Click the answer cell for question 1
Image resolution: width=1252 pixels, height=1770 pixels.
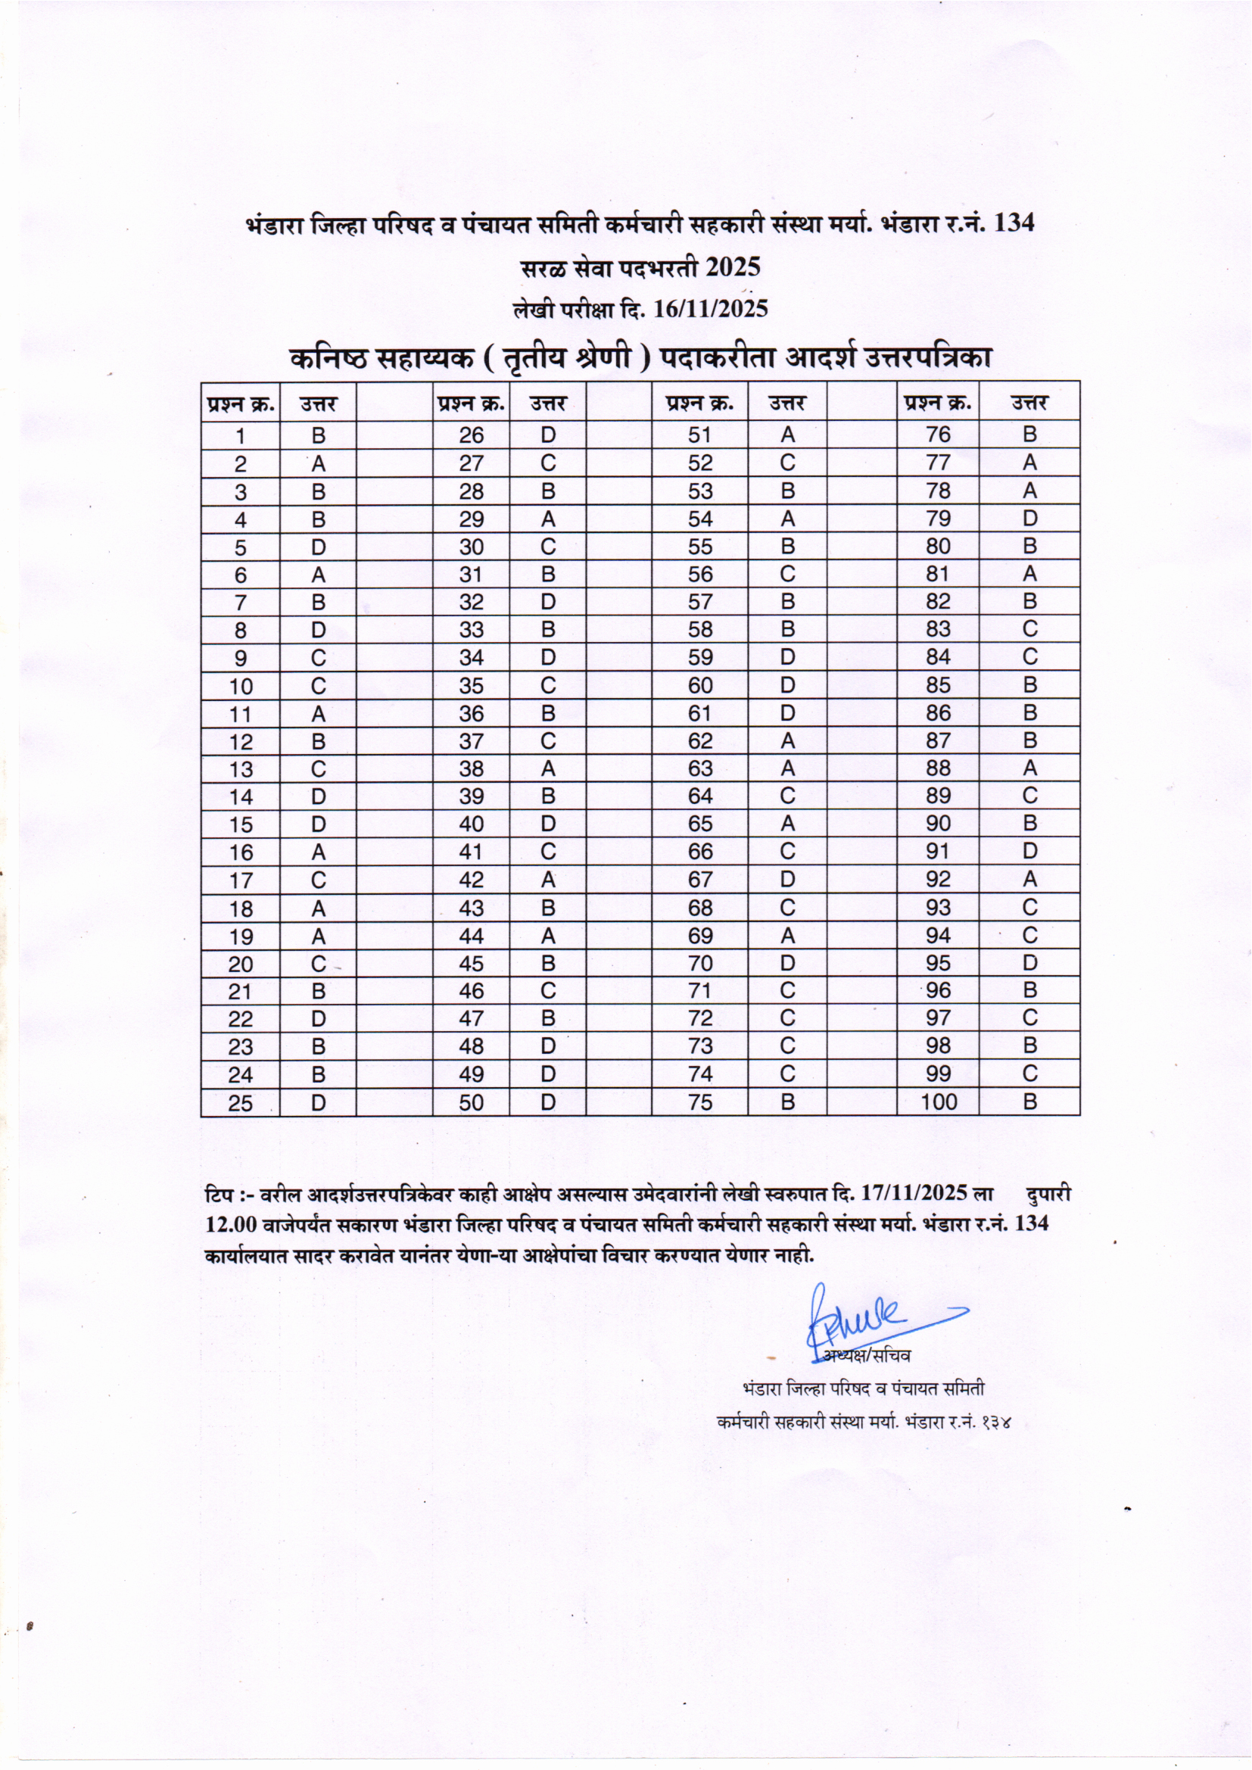click(x=319, y=435)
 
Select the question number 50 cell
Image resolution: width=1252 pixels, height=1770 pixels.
click(x=471, y=1102)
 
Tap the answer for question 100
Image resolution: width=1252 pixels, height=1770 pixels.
click(x=1029, y=1102)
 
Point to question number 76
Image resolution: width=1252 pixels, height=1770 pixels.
click(x=938, y=435)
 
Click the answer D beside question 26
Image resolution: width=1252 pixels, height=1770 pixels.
click(x=547, y=435)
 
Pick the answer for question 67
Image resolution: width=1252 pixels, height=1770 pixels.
click(x=787, y=880)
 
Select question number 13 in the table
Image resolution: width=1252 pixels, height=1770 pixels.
click(x=241, y=769)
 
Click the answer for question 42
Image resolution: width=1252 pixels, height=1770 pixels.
click(x=547, y=880)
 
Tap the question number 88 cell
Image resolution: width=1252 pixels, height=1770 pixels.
click(x=938, y=768)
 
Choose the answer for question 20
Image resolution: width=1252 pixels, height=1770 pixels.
click(x=319, y=964)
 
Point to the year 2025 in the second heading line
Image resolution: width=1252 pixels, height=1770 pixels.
click(x=733, y=267)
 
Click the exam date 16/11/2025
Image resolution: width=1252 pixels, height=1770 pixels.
click(x=711, y=309)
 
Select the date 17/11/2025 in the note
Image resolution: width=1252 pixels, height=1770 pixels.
click(x=914, y=1194)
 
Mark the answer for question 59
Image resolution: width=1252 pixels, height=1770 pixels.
click(x=787, y=658)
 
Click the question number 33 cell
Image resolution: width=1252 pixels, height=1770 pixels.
click(x=471, y=630)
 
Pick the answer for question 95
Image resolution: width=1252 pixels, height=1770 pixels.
click(x=1029, y=963)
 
